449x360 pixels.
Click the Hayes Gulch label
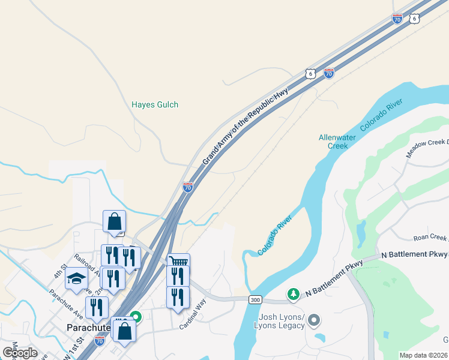155,104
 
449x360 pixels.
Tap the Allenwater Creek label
337,142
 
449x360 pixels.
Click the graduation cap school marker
76,278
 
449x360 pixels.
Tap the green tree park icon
294,294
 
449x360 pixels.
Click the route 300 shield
256,299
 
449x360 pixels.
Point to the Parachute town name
86,328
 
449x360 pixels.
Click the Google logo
20,352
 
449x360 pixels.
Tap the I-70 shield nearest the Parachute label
100,340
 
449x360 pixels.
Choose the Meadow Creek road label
427,148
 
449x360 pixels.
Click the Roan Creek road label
430,238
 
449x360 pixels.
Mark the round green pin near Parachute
136,316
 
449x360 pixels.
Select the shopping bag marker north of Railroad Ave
114,221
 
